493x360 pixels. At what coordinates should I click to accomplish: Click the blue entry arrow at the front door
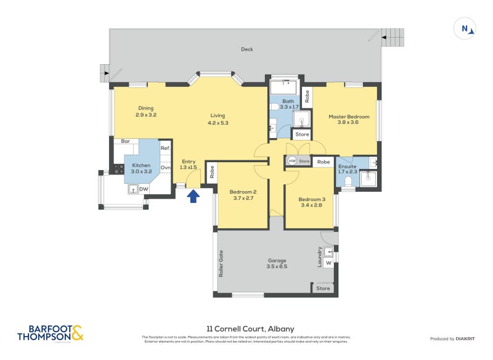(x=194, y=196)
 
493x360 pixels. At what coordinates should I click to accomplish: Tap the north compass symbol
(x=465, y=28)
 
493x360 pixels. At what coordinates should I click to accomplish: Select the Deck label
(x=246, y=49)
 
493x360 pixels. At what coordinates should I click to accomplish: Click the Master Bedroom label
(x=349, y=116)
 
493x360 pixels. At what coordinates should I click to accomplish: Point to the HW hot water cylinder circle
(x=292, y=162)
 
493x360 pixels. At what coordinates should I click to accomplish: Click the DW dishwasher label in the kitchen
(x=144, y=189)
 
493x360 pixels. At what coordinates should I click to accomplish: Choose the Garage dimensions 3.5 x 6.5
(x=277, y=266)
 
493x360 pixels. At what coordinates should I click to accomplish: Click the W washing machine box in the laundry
(x=328, y=263)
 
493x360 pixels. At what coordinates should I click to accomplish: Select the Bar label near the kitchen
(x=125, y=141)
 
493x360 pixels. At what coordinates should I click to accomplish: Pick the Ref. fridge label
(x=165, y=148)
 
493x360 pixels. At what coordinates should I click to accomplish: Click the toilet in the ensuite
(x=348, y=181)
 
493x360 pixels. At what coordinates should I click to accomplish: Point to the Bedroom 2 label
(x=243, y=192)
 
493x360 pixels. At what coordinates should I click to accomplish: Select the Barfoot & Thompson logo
(x=50, y=333)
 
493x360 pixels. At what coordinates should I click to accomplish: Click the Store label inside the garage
(x=323, y=288)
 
